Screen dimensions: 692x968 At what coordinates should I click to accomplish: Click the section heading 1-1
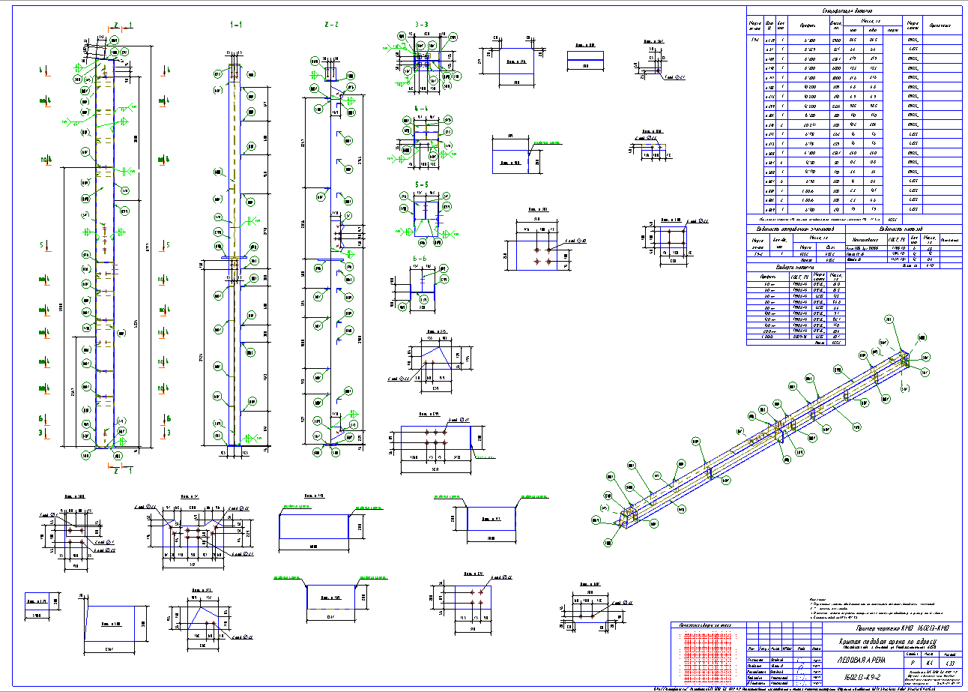point(237,25)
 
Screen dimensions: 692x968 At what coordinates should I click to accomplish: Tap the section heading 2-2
point(331,25)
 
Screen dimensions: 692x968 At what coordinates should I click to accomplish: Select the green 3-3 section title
point(421,25)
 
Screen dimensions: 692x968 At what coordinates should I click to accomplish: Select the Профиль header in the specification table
point(807,25)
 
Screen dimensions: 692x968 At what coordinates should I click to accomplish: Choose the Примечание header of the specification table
point(940,25)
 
